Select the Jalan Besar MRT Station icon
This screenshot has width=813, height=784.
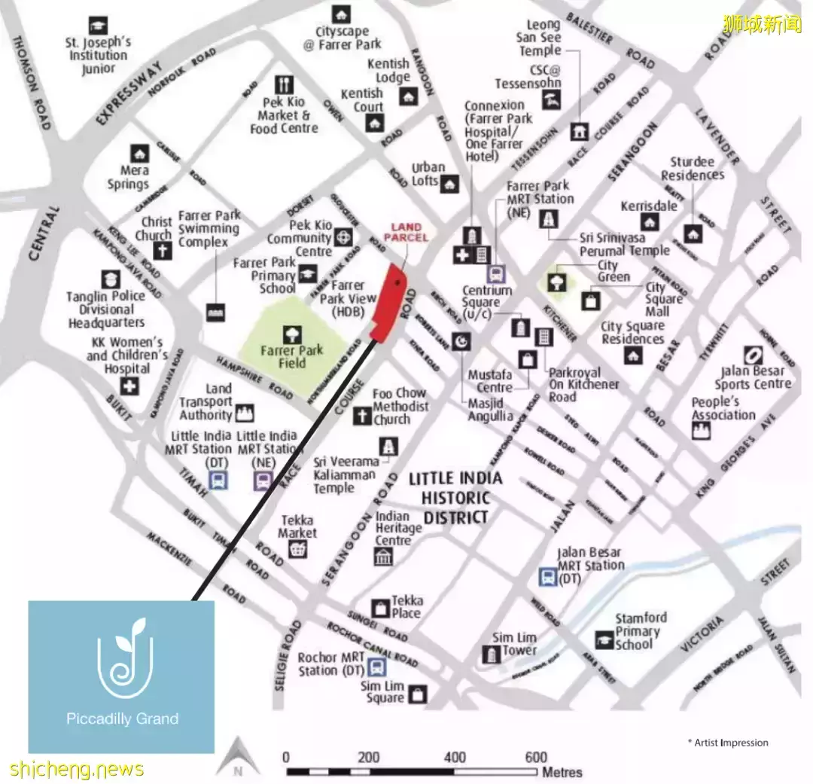click(x=547, y=578)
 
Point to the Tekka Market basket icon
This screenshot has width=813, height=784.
click(x=299, y=550)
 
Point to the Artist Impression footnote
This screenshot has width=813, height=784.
click(x=728, y=743)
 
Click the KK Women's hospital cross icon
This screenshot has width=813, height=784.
click(x=131, y=387)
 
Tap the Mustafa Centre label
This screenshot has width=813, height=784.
click(x=490, y=381)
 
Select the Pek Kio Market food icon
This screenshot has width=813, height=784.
click(x=285, y=84)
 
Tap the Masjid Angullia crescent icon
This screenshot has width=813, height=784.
click(x=461, y=342)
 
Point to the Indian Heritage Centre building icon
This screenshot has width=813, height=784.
click(x=383, y=557)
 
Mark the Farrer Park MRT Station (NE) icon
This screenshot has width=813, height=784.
click(x=547, y=218)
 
